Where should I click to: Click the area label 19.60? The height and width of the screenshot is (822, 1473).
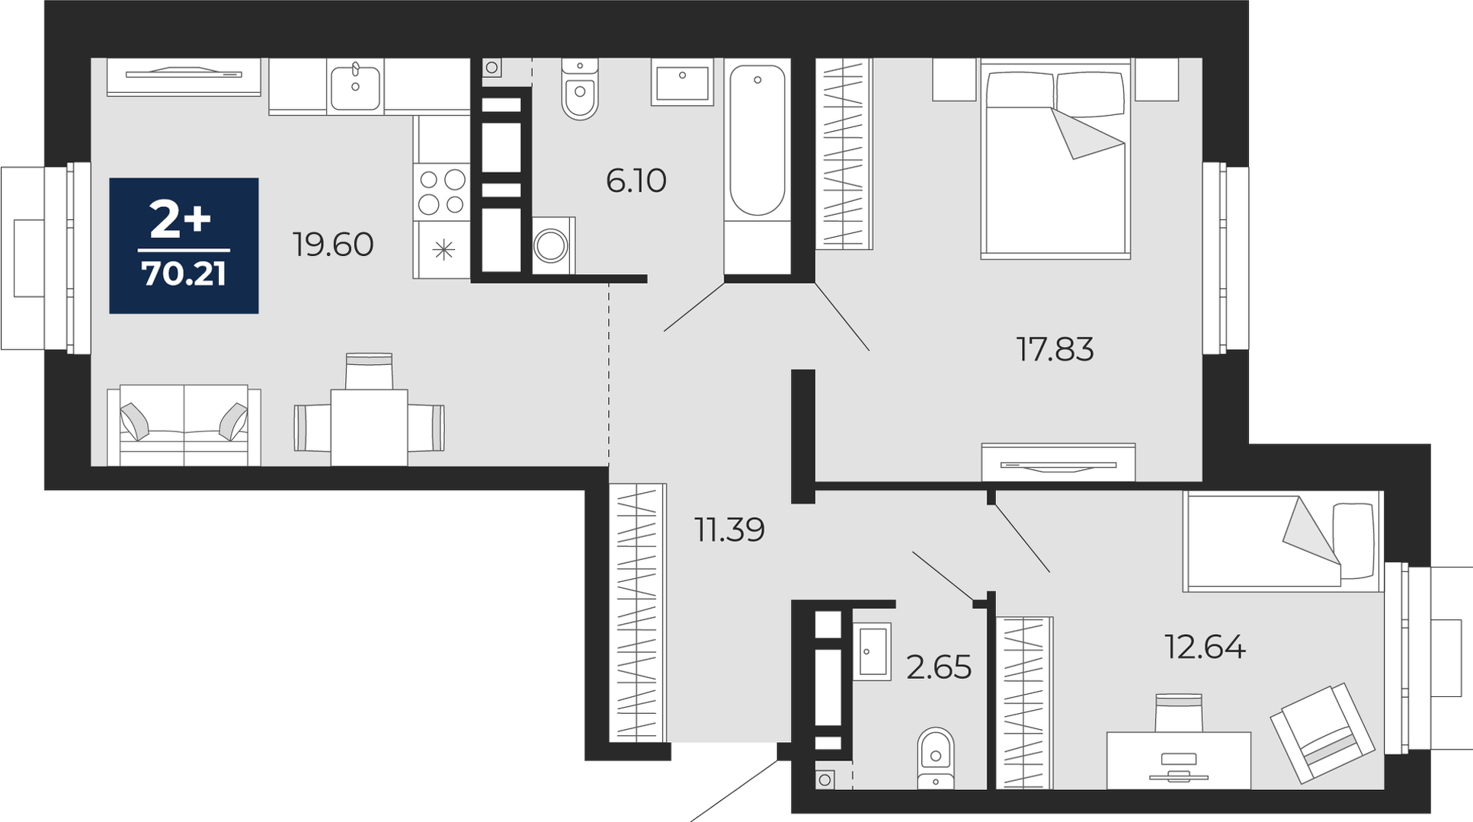(333, 245)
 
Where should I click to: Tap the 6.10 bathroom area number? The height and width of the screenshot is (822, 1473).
(636, 181)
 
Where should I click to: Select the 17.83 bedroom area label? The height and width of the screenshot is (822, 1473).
(1055, 349)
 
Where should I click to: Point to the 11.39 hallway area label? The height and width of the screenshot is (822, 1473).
(729, 529)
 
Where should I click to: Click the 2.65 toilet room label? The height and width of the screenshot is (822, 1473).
(939, 667)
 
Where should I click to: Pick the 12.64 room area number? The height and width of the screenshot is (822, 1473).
(1205, 647)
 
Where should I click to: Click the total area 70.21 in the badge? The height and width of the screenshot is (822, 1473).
(184, 273)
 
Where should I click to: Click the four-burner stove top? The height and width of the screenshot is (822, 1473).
(442, 191)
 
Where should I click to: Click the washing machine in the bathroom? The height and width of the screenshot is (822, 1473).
(552, 245)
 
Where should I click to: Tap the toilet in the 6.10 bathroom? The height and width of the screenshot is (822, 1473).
(580, 88)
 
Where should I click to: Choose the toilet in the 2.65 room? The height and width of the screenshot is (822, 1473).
(936, 758)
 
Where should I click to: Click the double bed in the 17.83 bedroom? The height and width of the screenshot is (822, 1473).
(1055, 159)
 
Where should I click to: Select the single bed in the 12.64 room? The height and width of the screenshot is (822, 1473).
(1282, 541)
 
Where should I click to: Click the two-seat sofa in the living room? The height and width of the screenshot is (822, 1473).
(184, 425)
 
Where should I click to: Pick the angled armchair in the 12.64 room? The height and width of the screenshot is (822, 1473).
(1321, 732)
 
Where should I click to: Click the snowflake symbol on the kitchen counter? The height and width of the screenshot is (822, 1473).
(443, 250)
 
